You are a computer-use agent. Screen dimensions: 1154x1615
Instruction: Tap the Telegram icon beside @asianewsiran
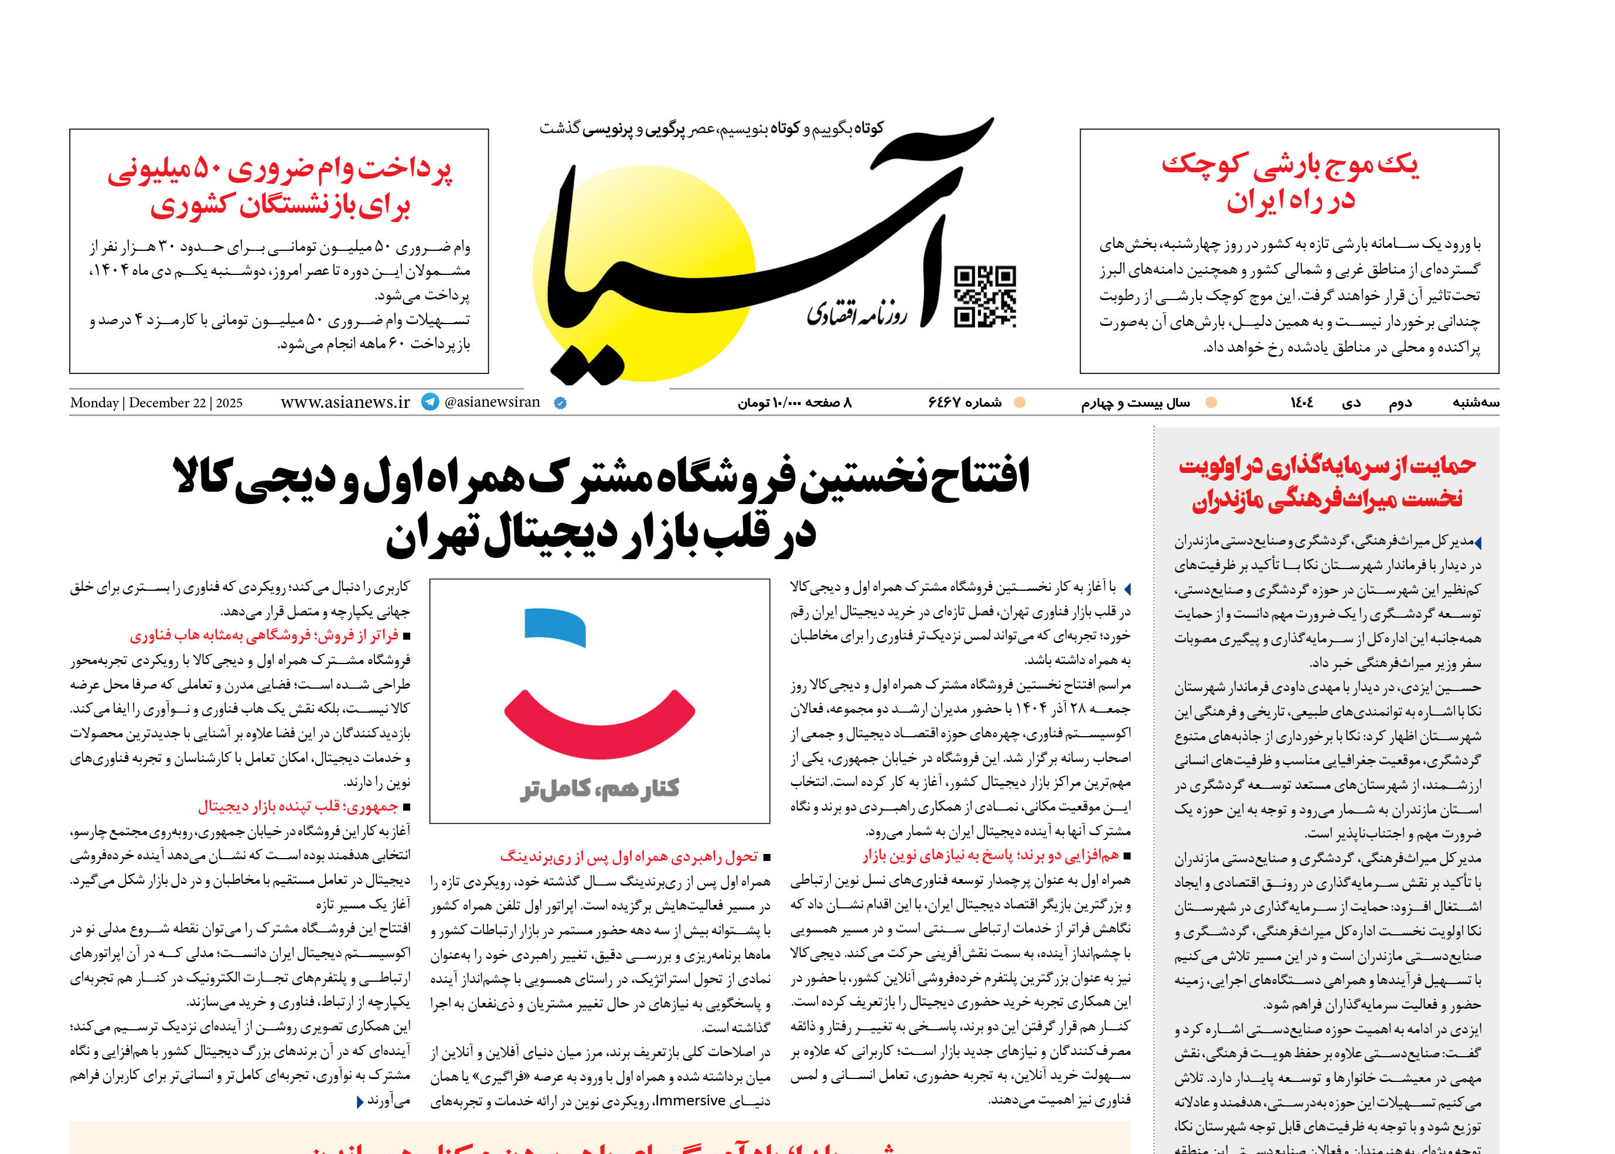coord(430,402)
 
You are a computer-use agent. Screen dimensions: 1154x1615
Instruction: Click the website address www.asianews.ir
coord(345,402)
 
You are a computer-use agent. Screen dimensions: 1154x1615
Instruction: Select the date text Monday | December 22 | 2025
coord(156,403)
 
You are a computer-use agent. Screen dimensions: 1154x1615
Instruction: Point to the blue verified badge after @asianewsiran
coord(560,403)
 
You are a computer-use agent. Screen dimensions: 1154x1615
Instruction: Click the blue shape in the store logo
coord(555,626)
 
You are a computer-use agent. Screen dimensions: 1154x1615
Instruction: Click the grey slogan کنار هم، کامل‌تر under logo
coord(599,789)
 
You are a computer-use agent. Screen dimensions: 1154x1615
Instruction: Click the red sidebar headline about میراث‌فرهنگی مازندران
coord(1327,483)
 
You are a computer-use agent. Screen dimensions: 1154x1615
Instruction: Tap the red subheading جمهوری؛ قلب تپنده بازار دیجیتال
coord(298,806)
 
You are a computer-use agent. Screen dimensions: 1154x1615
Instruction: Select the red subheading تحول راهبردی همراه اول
coord(629,857)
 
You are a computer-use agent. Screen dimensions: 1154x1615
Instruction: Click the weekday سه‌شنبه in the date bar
coord(1475,403)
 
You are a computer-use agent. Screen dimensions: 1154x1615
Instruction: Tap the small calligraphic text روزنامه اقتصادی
coord(857,312)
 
